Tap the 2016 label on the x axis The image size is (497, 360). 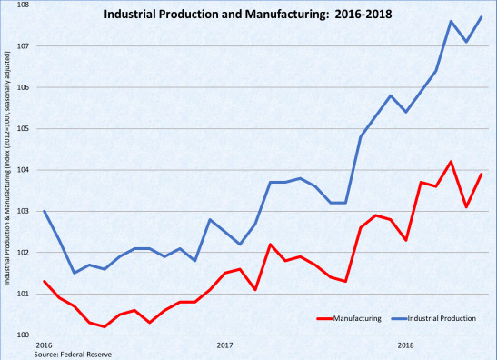tap(44, 345)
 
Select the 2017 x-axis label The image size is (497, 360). tap(224, 345)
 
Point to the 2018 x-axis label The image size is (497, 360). tap(405, 345)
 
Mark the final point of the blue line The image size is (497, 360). tap(481, 17)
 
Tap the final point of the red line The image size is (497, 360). tap(481, 174)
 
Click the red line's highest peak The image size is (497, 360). tap(451, 162)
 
